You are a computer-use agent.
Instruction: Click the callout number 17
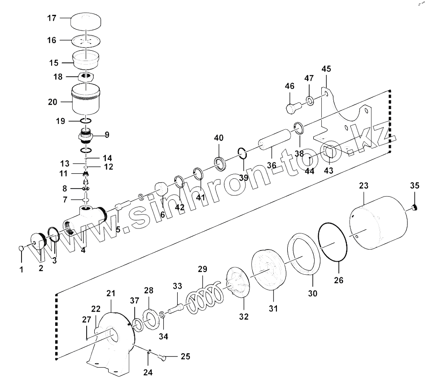click(52, 18)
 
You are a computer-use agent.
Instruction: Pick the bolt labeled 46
click(291, 107)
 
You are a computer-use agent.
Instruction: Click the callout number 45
click(326, 69)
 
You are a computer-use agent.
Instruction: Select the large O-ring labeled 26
click(333, 242)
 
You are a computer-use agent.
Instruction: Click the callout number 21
click(111, 293)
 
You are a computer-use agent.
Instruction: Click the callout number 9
click(107, 134)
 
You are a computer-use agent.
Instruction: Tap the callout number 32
click(243, 316)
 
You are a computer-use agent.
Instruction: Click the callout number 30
click(312, 294)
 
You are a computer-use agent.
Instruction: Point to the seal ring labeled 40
click(220, 164)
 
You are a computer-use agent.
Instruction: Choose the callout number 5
click(118, 229)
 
